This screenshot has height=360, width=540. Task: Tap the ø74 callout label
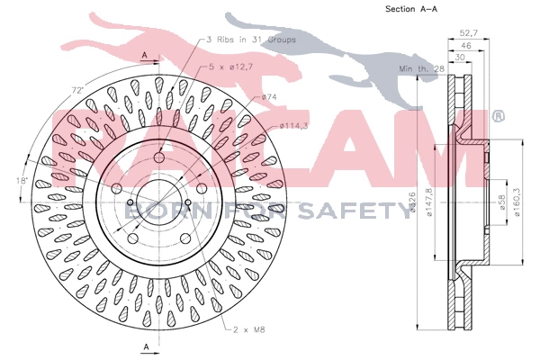[268, 96]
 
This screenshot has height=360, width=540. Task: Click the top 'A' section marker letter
[145, 56]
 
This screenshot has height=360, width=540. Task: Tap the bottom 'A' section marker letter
[145, 346]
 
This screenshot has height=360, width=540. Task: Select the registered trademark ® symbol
[497, 116]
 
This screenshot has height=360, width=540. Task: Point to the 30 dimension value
[460, 58]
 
